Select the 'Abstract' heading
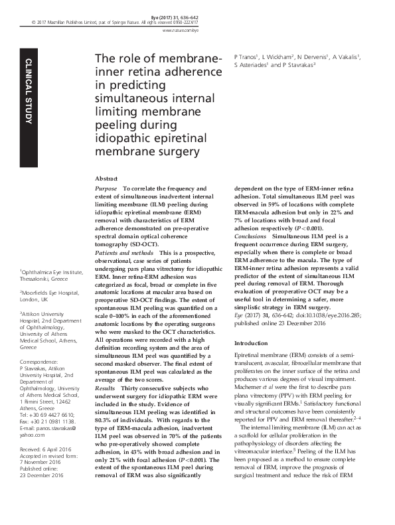tap(106, 179)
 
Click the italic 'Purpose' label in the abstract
tap(108, 188)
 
